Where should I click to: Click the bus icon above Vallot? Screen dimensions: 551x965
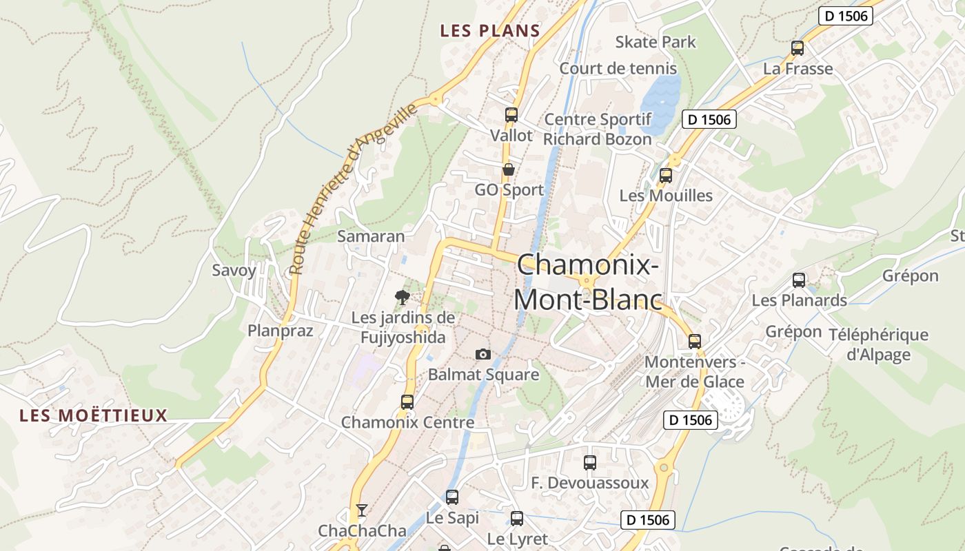tap(511, 115)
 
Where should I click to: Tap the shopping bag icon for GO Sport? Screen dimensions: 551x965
tap(509, 169)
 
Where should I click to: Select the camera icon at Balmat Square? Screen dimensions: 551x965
tap(483, 354)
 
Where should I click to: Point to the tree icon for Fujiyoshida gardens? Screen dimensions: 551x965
tap(403, 297)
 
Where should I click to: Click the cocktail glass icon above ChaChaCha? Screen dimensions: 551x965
tap(361, 510)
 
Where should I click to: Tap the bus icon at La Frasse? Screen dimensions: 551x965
tap(798, 48)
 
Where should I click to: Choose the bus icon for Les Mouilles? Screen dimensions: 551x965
tap(665, 176)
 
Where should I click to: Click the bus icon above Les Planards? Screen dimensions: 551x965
tap(799, 280)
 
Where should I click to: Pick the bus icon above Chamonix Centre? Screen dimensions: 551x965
tap(407, 402)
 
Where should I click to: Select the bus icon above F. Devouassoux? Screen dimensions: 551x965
tap(589, 463)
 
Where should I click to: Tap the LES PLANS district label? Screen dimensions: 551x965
tap(490, 31)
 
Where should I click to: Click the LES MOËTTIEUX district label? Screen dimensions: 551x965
tap(94, 415)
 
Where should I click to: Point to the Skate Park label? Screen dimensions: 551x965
tap(656, 42)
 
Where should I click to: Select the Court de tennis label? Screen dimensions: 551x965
tap(618, 68)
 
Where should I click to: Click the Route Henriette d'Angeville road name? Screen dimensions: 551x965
tap(353, 189)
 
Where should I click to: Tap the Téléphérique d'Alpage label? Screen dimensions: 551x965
tap(878, 344)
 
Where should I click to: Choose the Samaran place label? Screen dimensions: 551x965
tap(371, 236)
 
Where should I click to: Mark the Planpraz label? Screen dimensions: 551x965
tap(281, 331)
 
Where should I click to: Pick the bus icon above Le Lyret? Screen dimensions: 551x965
tap(517, 519)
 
